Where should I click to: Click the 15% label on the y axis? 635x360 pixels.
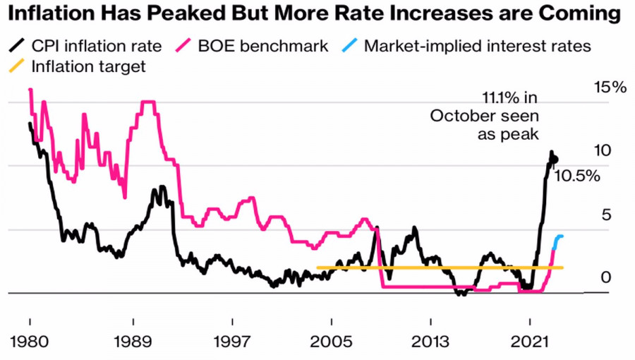610,88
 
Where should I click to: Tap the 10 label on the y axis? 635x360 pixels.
603,151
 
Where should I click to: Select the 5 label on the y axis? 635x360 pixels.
605,215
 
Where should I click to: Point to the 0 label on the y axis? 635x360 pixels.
605,277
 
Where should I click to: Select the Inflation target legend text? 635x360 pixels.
89,67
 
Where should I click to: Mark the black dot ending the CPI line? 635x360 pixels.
554,160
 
